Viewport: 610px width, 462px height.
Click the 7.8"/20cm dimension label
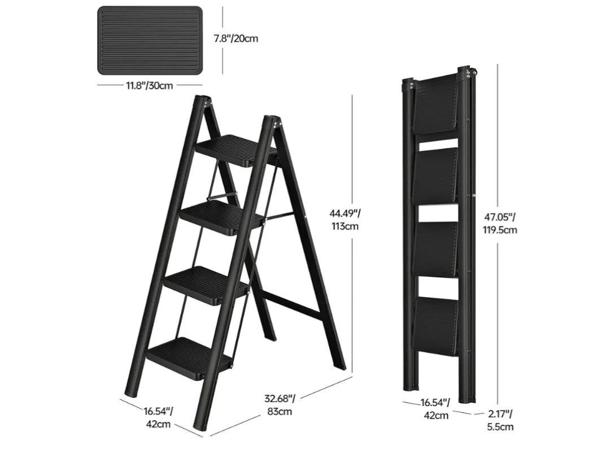(236, 38)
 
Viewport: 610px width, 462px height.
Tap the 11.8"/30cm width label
(149, 85)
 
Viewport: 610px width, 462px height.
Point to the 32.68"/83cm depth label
(280, 405)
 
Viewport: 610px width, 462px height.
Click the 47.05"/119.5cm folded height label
(500, 223)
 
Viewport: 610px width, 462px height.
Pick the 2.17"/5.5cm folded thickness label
(500, 420)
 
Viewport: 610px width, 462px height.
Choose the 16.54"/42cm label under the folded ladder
(435, 409)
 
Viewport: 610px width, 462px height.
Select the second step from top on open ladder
(223, 218)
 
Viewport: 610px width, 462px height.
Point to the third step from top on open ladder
(207, 285)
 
